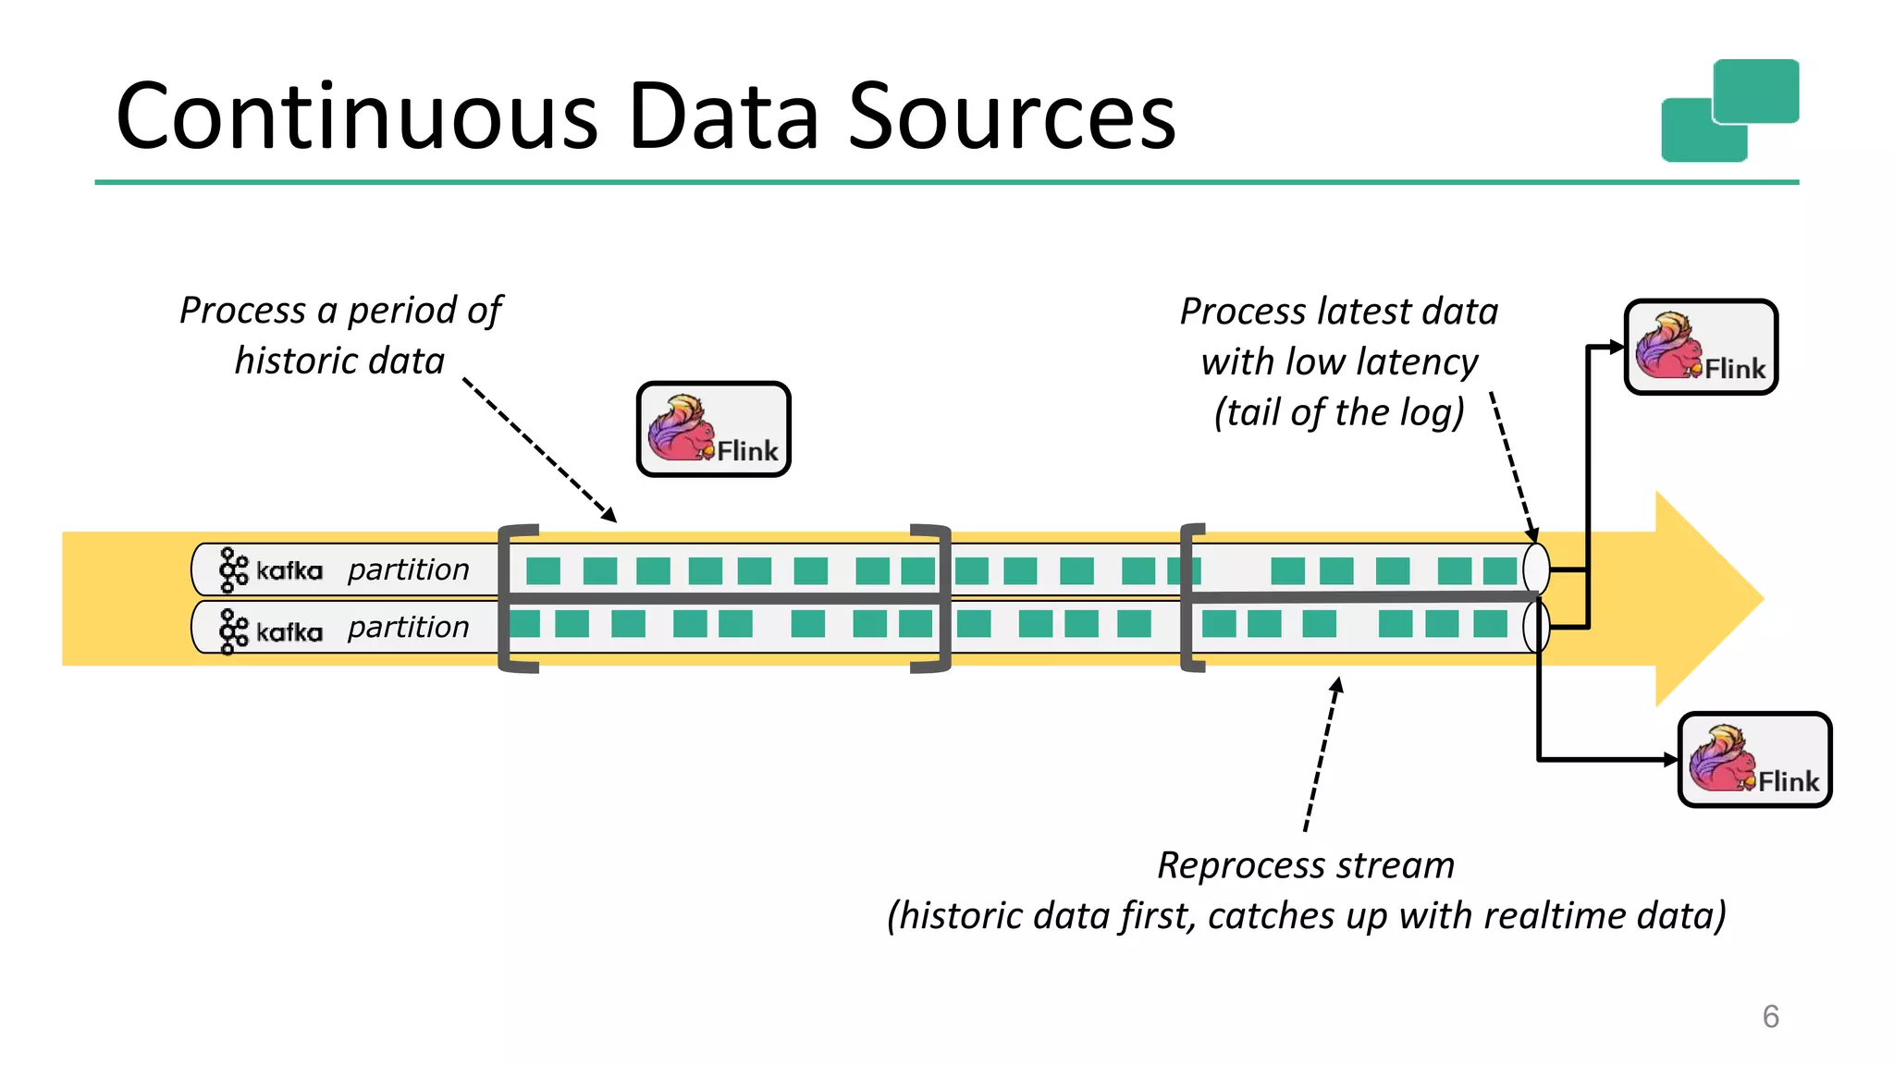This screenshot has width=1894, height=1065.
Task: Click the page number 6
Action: (x=1770, y=1016)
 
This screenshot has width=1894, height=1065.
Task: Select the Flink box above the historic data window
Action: (x=713, y=430)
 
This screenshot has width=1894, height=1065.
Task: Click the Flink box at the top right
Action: (x=1701, y=348)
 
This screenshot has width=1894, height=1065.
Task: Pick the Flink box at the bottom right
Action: (x=1754, y=760)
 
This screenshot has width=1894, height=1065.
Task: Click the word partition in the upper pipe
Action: (x=408, y=569)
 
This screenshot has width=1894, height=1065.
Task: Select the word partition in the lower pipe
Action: (x=408, y=627)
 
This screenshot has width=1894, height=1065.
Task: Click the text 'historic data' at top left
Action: (x=339, y=361)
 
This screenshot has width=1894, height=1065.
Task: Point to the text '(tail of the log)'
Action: (x=1339, y=412)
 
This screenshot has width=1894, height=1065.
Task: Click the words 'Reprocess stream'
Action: (x=1305, y=865)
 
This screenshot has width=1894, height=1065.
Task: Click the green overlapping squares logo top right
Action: (x=1729, y=111)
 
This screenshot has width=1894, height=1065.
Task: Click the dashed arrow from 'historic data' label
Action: (x=539, y=449)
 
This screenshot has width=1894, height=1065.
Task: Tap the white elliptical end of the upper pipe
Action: (x=1535, y=568)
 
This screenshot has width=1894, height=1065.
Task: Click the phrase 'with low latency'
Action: (x=1339, y=361)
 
